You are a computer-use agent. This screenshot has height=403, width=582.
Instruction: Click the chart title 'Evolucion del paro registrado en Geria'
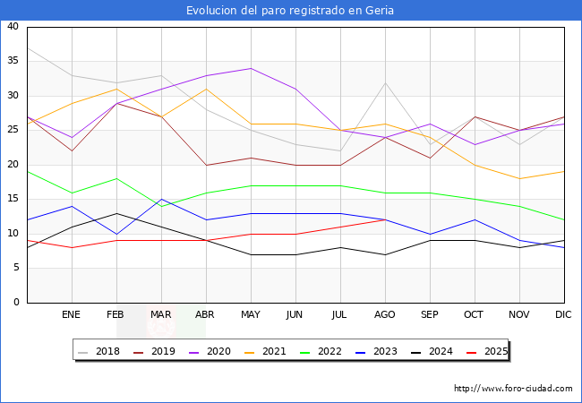290,11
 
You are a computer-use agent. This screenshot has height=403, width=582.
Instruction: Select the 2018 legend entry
102,351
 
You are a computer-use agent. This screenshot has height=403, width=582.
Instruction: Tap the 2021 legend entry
268,351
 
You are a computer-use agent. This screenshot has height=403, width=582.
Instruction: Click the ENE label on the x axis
72,315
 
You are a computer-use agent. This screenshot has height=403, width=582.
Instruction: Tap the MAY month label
251,315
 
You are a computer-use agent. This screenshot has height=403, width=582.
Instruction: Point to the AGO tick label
385,315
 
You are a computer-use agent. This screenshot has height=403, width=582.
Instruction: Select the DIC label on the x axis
564,315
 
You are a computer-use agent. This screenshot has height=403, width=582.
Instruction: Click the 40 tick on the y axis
13,27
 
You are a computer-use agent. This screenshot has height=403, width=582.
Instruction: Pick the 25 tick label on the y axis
13,131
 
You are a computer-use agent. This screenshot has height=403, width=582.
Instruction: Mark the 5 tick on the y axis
15,269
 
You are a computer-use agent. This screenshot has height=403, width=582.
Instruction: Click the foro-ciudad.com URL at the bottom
513,389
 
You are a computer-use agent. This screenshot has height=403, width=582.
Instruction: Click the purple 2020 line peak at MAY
251,68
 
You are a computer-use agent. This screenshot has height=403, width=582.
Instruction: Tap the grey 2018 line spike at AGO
385,82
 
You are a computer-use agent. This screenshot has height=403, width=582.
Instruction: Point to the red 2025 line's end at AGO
385,219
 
